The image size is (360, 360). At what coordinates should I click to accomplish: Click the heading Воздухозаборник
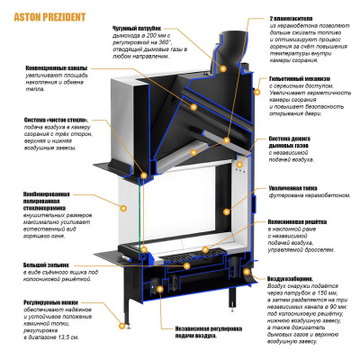(x=292, y=279)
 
